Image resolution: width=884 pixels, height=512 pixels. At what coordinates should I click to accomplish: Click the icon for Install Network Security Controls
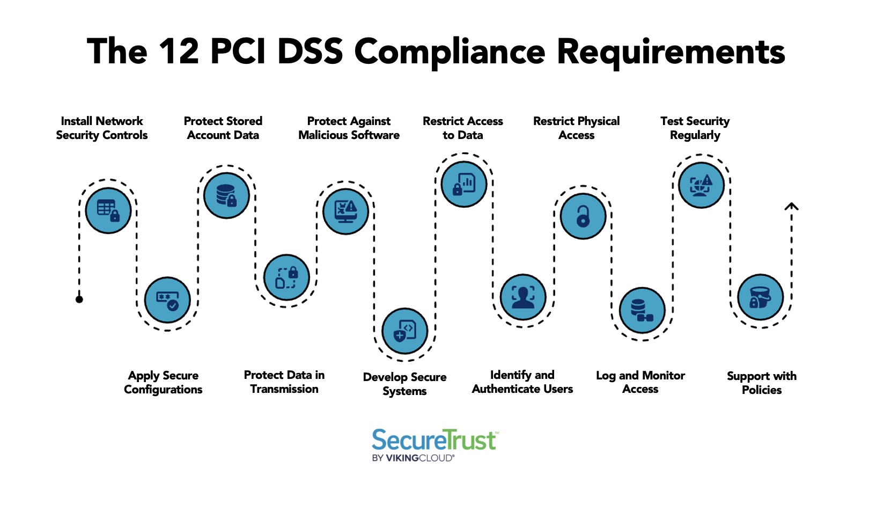pos(108,210)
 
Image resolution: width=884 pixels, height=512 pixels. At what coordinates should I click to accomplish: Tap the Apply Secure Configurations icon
pos(167,299)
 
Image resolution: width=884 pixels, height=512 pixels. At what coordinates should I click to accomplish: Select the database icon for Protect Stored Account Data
pos(226,195)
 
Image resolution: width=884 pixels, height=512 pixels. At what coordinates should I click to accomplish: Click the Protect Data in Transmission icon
pos(286,277)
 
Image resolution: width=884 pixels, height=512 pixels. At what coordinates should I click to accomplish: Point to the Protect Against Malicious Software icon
pos(346,211)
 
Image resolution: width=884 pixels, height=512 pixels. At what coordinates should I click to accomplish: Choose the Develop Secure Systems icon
pos(405,331)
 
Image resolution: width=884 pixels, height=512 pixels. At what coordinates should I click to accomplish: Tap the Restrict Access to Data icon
pos(464,184)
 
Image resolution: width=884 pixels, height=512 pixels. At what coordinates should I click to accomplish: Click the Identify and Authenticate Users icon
pos(523,297)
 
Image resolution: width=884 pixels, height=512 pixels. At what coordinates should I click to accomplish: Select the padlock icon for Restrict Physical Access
pos(583,216)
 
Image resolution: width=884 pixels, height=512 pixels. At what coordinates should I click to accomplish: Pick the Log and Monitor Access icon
pos(642,310)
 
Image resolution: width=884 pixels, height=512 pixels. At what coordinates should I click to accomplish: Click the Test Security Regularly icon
pos(701,185)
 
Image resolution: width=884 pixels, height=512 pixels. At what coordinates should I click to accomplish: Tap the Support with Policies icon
pos(761,297)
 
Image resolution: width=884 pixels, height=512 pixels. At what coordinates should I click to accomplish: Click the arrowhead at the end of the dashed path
pos(792,207)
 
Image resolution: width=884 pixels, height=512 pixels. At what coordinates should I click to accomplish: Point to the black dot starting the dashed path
pos(79,299)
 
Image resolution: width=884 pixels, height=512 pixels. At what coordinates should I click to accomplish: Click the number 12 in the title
pos(179,52)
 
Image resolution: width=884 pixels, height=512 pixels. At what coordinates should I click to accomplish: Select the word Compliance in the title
pos(450,52)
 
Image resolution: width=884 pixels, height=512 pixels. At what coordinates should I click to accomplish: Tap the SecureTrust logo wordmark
pos(434,440)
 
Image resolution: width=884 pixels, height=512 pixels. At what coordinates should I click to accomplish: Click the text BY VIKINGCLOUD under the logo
pos(413,458)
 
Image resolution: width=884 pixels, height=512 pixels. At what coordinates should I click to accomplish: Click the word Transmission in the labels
pos(284,389)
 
